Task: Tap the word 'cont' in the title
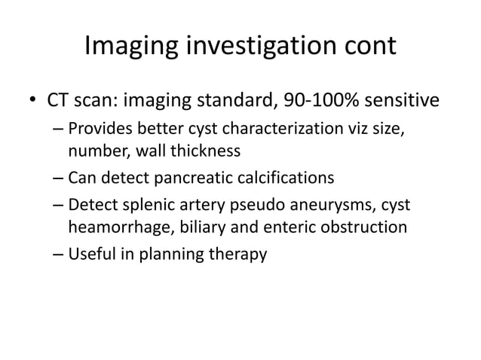click(x=369, y=46)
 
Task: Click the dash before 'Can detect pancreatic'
click(x=58, y=178)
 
